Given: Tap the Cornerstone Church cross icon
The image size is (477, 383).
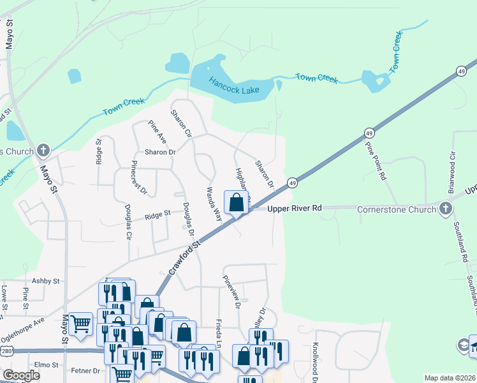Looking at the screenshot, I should [445, 209].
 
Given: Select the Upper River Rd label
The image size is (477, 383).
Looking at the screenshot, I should [295, 209].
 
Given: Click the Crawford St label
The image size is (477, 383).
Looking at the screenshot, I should [186, 258].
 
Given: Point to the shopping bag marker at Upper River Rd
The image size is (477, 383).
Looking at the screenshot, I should [236, 202].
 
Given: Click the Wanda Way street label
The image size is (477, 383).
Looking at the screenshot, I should [213, 204].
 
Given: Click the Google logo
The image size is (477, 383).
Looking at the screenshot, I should [21, 376].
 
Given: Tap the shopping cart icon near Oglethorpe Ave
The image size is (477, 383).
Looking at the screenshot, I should [80, 324].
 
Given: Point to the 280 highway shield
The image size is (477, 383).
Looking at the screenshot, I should [6, 350].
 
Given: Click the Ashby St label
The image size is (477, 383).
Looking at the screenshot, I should [45, 281].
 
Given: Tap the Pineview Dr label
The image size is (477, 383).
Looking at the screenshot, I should [231, 292].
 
